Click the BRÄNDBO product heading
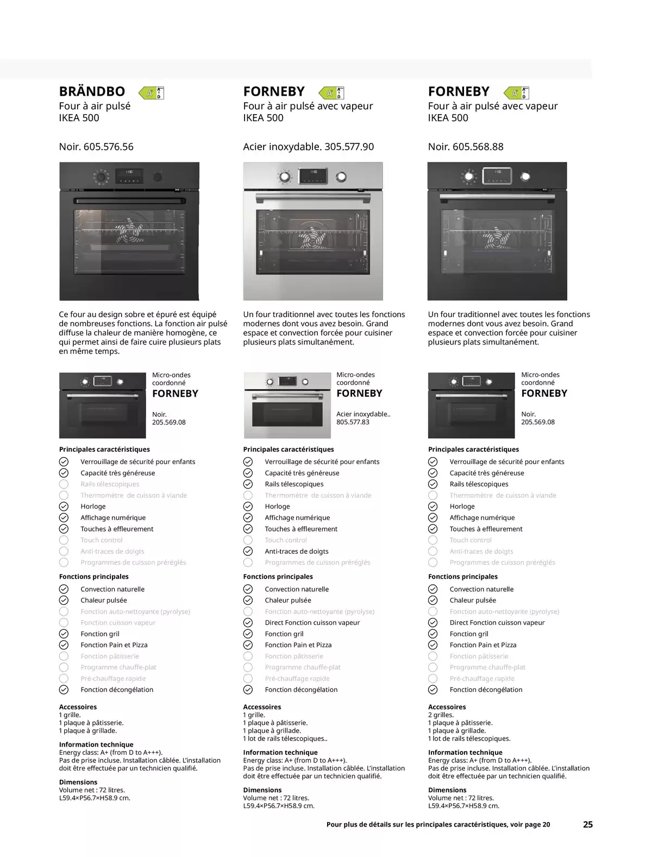click(92, 91)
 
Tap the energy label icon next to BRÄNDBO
click(152, 93)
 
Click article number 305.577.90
click(349, 147)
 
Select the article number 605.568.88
click(478, 147)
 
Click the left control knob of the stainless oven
click(285, 177)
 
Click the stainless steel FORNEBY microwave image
click(287, 405)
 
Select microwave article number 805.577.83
click(353, 422)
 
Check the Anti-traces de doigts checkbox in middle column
click(248, 551)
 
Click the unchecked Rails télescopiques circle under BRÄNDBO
click(64, 484)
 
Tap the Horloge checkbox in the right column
click(432, 506)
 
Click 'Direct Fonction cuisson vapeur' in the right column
click(497, 623)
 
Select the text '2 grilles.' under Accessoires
click(441, 715)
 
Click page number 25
click(587, 824)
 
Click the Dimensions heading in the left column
click(78, 782)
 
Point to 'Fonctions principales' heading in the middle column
click(278, 577)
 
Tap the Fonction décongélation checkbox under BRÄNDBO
click(64, 690)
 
